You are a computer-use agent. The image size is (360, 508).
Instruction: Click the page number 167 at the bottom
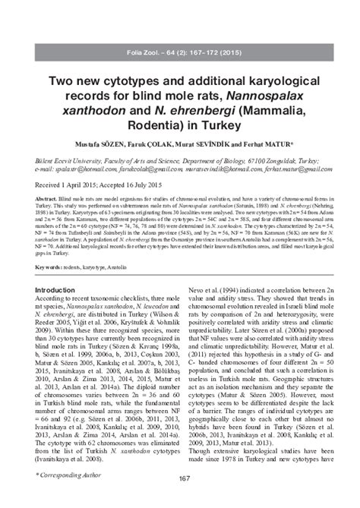coord(179,477)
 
